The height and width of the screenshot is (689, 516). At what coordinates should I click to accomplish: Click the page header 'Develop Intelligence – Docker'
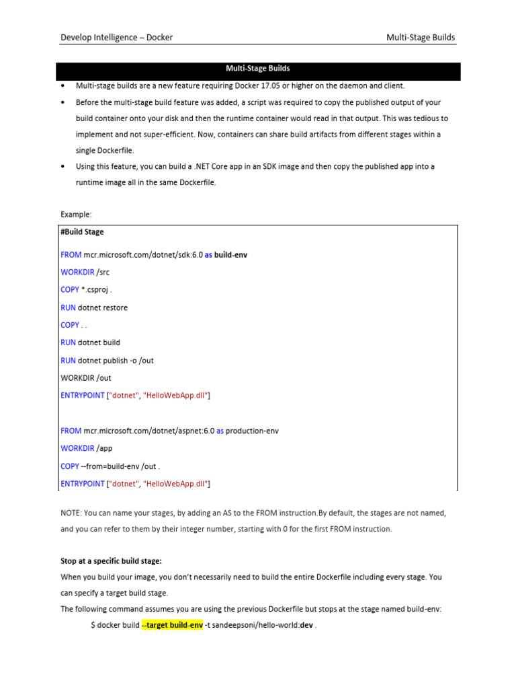coord(116,38)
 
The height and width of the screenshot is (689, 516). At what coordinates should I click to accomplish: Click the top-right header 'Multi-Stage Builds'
coord(421,38)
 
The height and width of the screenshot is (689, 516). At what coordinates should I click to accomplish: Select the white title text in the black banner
coord(257,69)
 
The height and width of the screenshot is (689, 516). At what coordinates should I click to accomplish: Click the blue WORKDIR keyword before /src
coord(77,273)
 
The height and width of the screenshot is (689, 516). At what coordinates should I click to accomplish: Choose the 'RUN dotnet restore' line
coord(94,307)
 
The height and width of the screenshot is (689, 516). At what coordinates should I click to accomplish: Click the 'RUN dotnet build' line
coord(91,342)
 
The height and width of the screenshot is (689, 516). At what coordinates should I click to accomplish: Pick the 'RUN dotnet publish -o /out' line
coord(107,361)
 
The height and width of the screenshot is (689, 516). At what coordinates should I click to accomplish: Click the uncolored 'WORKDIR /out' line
coord(86,378)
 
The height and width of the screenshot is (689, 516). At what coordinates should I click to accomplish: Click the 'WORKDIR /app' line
coord(87,448)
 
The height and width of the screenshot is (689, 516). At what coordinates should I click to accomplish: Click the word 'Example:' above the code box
coord(76,215)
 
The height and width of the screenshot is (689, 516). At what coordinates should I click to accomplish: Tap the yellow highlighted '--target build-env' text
coord(172,626)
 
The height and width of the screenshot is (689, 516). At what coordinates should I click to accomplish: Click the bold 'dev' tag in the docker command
coord(306,626)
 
